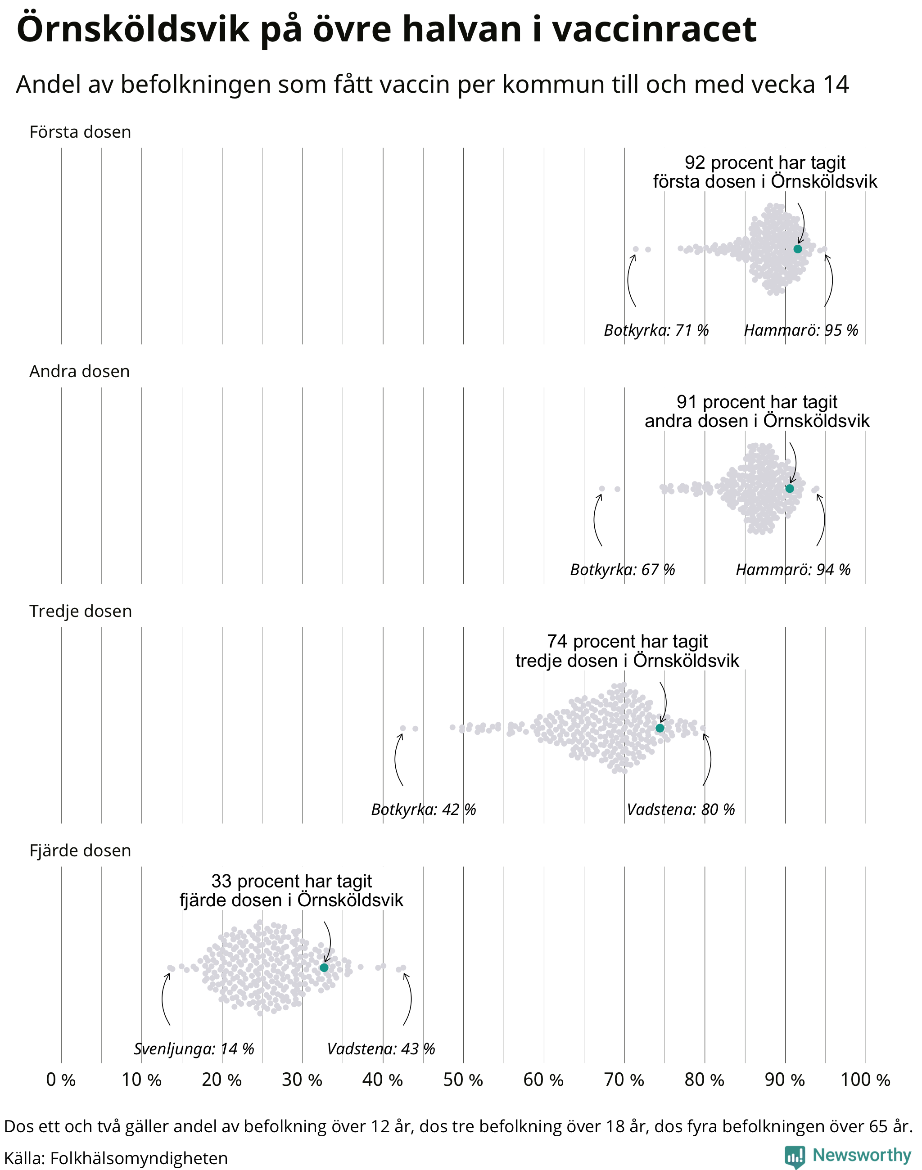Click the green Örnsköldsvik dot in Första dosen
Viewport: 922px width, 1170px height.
pyautogui.click(x=797, y=249)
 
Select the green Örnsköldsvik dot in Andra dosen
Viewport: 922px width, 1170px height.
pyautogui.click(x=789, y=488)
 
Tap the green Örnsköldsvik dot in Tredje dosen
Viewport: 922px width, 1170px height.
pyautogui.click(x=660, y=728)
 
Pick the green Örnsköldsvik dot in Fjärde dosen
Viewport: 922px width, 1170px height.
pyautogui.click(x=324, y=967)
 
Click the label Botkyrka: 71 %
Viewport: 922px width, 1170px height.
pyautogui.click(x=656, y=330)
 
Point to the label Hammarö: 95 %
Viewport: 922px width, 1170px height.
pyautogui.click(x=801, y=330)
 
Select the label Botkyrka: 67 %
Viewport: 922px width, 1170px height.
pyautogui.click(x=623, y=570)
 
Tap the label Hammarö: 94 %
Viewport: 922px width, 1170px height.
pyautogui.click(x=793, y=570)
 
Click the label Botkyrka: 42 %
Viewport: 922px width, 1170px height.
pyautogui.click(x=424, y=810)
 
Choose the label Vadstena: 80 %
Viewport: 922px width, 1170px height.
pyautogui.click(x=681, y=810)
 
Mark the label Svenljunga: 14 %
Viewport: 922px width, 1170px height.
pyautogui.click(x=194, y=1049)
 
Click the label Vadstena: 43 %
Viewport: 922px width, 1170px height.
pyautogui.click(x=381, y=1049)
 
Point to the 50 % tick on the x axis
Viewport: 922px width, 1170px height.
pyautogui.click(x=463, y=1080)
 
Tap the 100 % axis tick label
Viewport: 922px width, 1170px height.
pyautogui.click(x=865, y=1080)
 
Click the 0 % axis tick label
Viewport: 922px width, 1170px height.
pyautogui.click(x=61, y=1080)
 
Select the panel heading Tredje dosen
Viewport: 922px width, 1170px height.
pyautogui.click(x=81, y=611)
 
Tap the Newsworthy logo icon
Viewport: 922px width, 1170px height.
pyautogui.click(x=795, y=1156)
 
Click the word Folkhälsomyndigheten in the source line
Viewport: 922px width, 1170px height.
pyautogui.click(x=139, y=1158)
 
